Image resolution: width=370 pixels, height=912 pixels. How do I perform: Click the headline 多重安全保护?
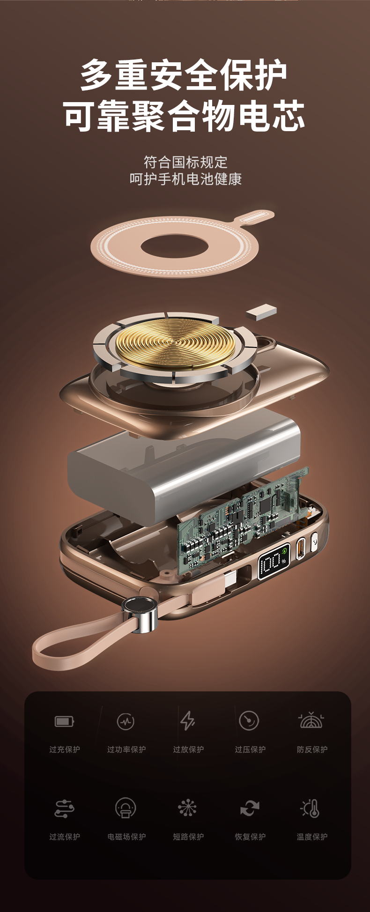point(184,75)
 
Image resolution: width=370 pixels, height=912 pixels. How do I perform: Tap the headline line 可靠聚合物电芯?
point(184,116)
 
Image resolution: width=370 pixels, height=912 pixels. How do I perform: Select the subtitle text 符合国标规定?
point(185,162)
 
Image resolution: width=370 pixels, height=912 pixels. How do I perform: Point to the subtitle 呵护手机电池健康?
point(185,179)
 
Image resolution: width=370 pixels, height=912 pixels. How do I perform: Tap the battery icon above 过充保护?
point(65,721)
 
